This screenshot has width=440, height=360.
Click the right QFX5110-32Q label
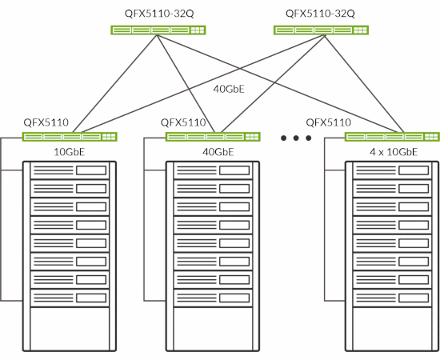320,14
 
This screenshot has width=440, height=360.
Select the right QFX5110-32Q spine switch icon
321,30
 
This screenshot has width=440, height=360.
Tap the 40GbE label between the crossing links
230,89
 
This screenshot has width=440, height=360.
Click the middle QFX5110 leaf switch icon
214,137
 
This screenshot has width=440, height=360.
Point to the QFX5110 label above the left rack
46,123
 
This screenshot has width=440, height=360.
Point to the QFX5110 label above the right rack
328,123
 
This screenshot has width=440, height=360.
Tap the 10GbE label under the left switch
69,151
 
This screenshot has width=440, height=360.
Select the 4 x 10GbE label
393,151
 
